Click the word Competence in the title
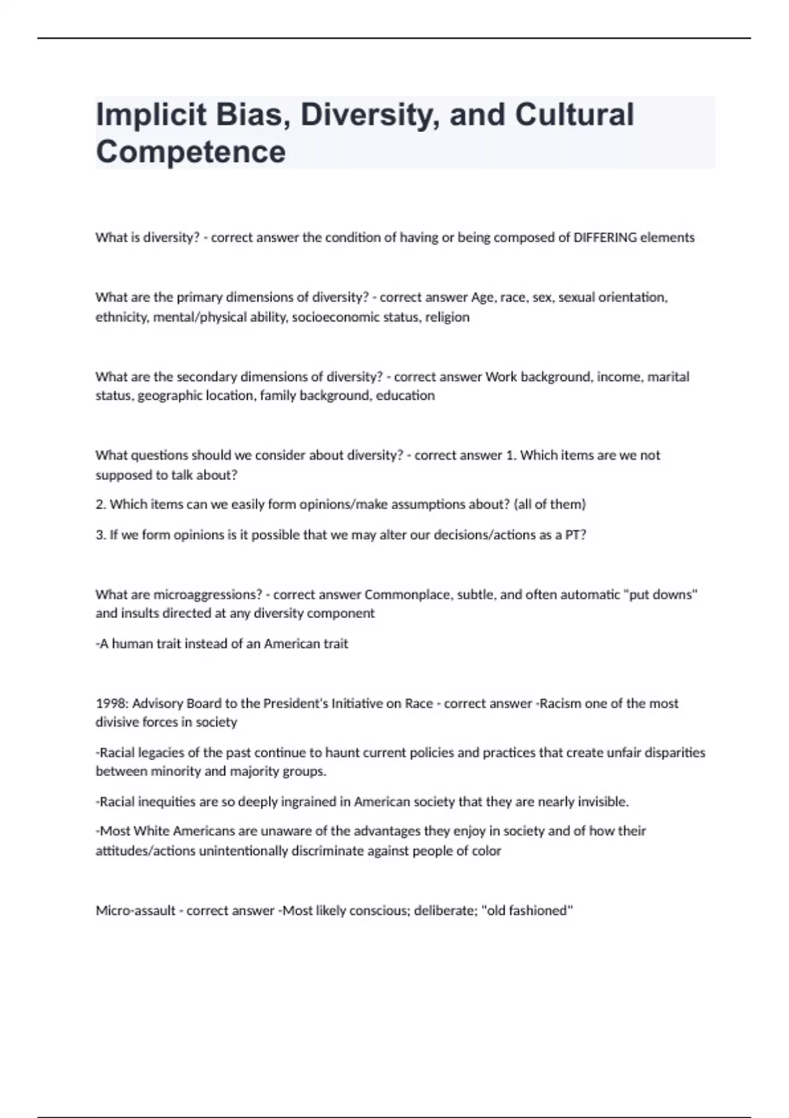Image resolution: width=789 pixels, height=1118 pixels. [191, 152]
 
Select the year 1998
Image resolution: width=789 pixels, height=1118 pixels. [110, 704]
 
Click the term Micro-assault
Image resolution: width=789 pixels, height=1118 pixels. [135, 911]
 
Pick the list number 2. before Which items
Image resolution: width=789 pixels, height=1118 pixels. [101, 504]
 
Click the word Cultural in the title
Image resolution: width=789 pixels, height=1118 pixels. [574, 114]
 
